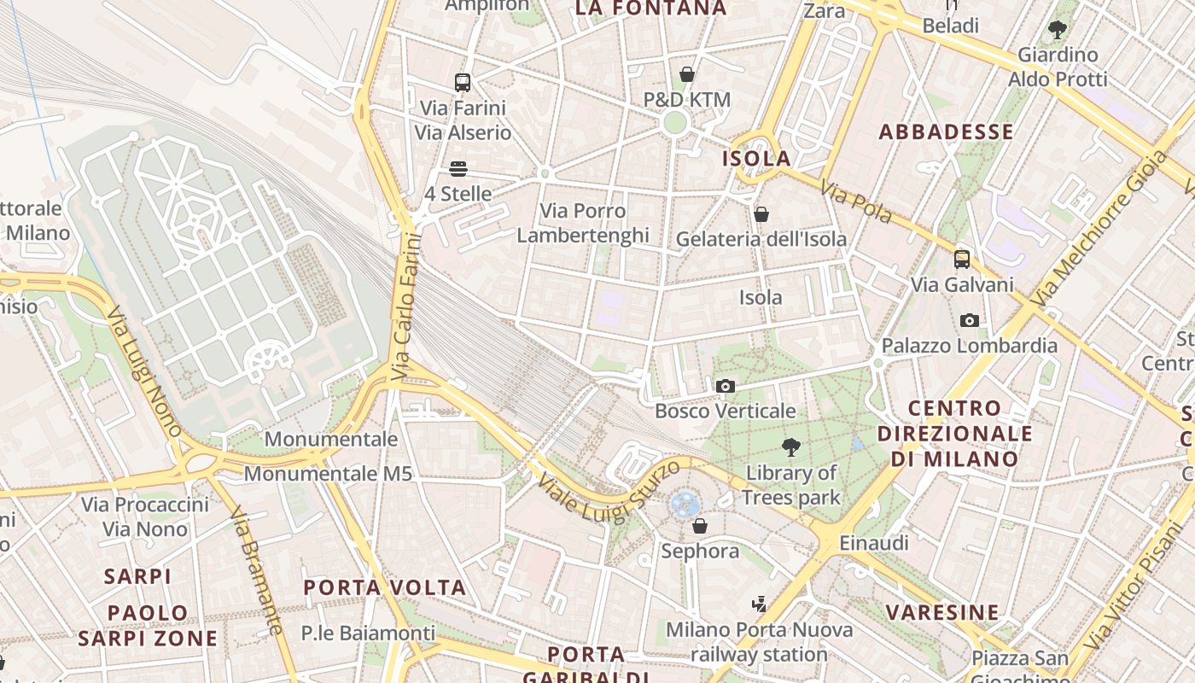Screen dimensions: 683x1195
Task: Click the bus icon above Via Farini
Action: (x=463, y=83)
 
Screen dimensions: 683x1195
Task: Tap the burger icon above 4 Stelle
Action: (x=458, y=169)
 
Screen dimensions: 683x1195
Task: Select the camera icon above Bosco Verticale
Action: (x=726, y=386)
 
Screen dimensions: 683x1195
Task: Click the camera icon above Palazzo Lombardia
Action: (x=970, y=320)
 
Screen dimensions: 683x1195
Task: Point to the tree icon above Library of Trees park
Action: (x=791, y=447)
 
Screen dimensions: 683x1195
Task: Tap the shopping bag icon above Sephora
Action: (x=700, y=526)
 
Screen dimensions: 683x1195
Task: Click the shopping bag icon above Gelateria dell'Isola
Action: (x=761, y=214)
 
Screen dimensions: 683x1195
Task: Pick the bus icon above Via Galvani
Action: (x=962, y=260)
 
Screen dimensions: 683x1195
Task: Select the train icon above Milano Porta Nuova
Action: (x=759, y=604)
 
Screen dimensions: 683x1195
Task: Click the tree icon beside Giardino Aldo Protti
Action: (x=1058, y=30)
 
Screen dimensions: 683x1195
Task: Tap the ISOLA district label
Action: (x=757, y=159)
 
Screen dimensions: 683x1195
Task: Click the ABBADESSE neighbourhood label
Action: (x=947, y=131)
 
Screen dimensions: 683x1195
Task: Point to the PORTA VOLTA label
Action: (x=385, y=587)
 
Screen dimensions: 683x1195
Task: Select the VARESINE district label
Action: (x=942, y=612)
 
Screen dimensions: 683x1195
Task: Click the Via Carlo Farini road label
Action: (x=407, y=306)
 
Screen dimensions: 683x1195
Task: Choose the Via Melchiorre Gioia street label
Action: (x=1098, y=230)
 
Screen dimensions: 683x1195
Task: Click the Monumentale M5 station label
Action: (x=329, y=473)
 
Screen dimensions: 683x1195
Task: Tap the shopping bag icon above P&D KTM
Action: (x=687, y=75)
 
